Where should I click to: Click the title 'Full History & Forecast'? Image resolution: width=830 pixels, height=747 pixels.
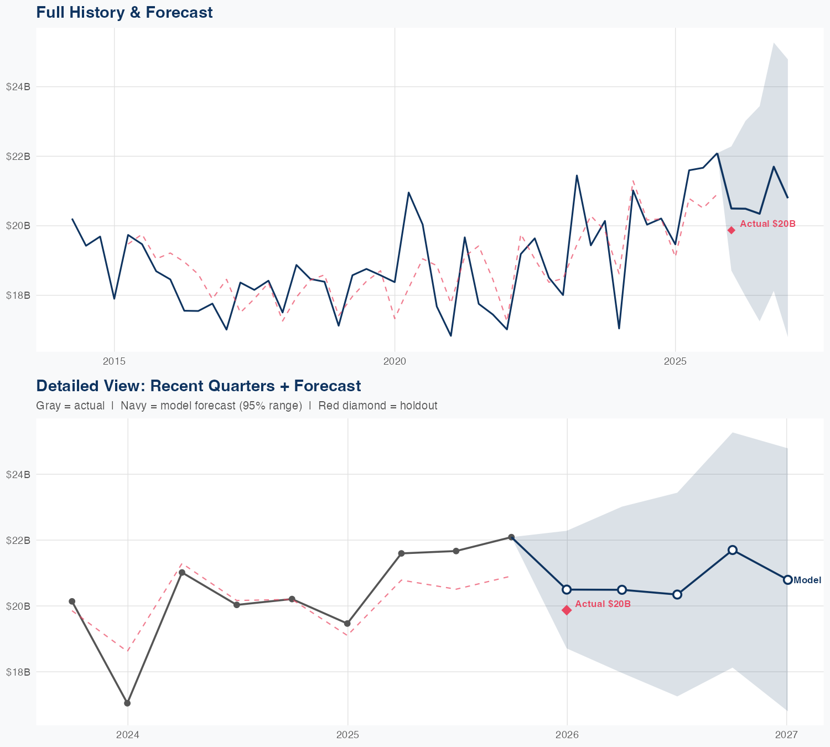click(124, 12)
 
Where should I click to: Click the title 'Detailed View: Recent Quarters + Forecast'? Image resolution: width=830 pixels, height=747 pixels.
click(198, 386)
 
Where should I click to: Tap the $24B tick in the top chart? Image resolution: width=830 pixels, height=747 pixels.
click(18, 87)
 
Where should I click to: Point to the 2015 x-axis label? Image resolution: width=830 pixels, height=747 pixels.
click(115, 361)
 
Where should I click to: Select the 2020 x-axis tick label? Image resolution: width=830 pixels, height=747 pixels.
click(395, 361)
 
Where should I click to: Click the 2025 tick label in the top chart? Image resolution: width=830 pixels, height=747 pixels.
click(675, 361)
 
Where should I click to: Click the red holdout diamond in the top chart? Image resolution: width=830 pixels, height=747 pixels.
click(731, 230)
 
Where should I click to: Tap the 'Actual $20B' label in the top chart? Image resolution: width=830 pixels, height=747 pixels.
click(767, 224)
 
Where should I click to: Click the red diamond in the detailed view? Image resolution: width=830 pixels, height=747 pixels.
click(567, 610)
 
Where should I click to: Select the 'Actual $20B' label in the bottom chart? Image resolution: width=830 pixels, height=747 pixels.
click(603, 604)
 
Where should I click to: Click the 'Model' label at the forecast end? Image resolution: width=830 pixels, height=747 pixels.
click(807, 580)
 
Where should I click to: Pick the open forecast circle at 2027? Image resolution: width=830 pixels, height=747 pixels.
click(787, 579)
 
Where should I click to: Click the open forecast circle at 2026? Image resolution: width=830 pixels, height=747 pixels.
click(567, 589)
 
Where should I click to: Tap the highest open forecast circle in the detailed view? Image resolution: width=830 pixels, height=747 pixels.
click(732, 549)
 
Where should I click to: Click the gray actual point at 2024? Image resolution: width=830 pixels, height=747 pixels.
click(127, 703)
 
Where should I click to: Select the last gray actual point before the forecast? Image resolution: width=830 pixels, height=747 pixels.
click(511, 537)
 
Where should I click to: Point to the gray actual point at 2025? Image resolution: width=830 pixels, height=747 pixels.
click(347, 624)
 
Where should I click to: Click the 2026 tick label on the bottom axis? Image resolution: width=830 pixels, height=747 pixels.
click(567, 735)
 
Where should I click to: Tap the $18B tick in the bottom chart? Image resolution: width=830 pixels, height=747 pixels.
click(18, 672)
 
